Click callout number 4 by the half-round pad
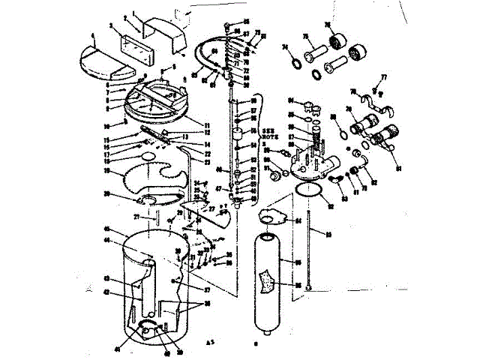pos(92,35)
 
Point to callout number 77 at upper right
pos(384,77)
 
